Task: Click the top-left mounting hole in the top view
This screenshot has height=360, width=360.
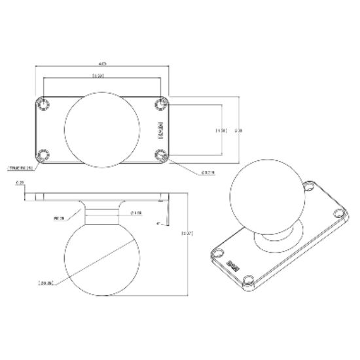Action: point(44,103)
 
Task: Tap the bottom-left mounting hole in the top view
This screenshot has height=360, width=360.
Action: point(44,154)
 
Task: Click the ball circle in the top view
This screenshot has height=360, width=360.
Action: point(102,128)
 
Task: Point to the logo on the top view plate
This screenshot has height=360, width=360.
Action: point(160,129)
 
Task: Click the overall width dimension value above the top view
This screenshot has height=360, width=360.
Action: point(102,63)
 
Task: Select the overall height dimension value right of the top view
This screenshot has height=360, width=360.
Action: point(239,130)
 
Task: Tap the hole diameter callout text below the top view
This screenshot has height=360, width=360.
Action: point(209,173)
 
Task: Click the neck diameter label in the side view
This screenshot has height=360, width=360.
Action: point(137,212)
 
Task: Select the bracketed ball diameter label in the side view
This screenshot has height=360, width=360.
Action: point(46,283)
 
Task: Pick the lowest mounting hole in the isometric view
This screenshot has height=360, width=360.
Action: point(249,282)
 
